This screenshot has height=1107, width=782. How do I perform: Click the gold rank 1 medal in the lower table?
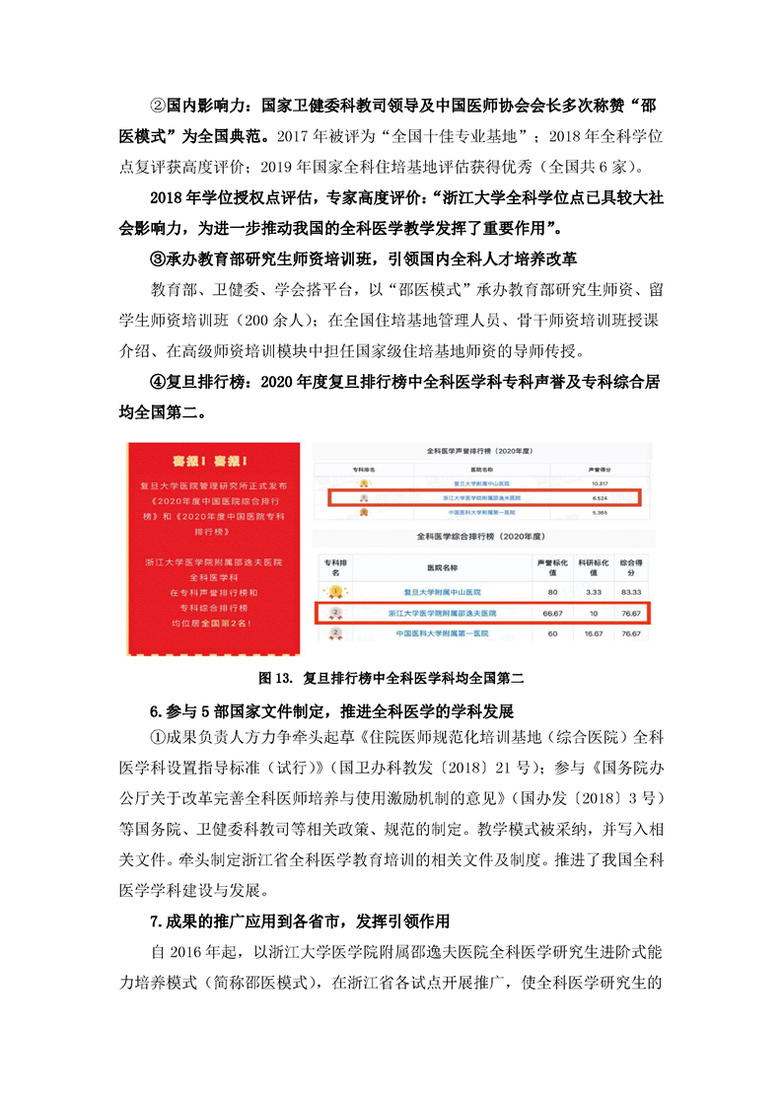pos(335,591)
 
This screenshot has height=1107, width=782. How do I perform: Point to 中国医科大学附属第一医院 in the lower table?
pos(443,634)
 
